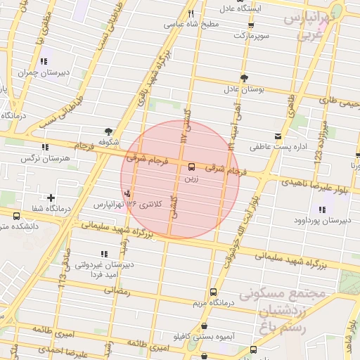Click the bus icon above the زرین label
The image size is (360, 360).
tap(192, 167)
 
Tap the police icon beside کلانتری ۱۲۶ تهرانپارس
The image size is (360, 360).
tap(127, 193)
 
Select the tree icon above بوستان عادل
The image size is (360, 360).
tap(243, 78)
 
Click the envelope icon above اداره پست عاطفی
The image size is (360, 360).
tap(278, 135)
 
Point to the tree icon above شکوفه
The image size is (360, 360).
tap(108, 131)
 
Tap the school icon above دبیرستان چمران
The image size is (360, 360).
tap(45, 61)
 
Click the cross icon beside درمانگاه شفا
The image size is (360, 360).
tap(50, 198)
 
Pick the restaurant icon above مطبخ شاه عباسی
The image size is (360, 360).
tap(191, 13)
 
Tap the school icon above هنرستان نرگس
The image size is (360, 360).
tap(46, 147)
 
